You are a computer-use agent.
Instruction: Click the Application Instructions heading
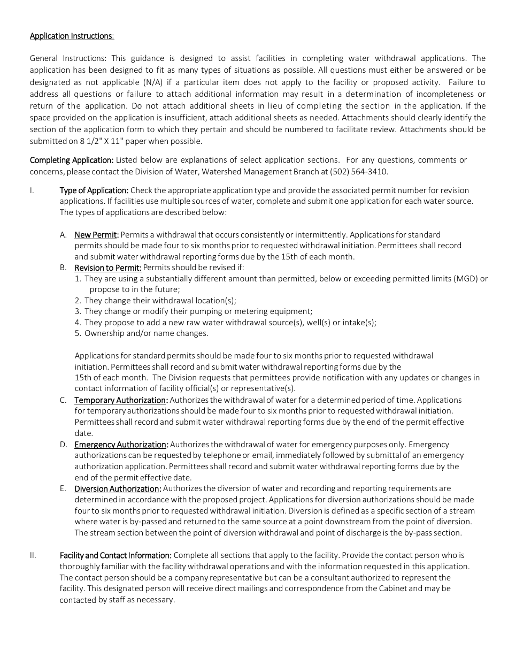pyautogui.click(x=72, y=36)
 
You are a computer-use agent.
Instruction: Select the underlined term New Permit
pyautogui.click(x=96, y=235)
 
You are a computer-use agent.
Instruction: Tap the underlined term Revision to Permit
pyautogui.click(x=108, y=267)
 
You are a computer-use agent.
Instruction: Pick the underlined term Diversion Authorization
pyautogui.click(x=118, y=488)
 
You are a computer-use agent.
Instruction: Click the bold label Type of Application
pyautogui.click(x=94, y=190)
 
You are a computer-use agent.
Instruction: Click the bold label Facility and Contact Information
pyautogui.click(x=116, y=555)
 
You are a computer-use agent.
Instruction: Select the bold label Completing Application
pyautogui.click(x=72, y=160)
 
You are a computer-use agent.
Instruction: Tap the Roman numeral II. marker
pyautogui.click(x=33, y=555)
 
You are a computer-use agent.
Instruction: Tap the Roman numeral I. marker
pyautogui.click(x=32, y=190)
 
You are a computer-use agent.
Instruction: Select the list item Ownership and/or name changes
pyautogui.click(x=146, y=333)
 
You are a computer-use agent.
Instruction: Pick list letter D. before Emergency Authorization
pyautogui.click(x=63, y=445)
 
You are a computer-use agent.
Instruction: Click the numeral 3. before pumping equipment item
pyautogui.click(x=78, y=311)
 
